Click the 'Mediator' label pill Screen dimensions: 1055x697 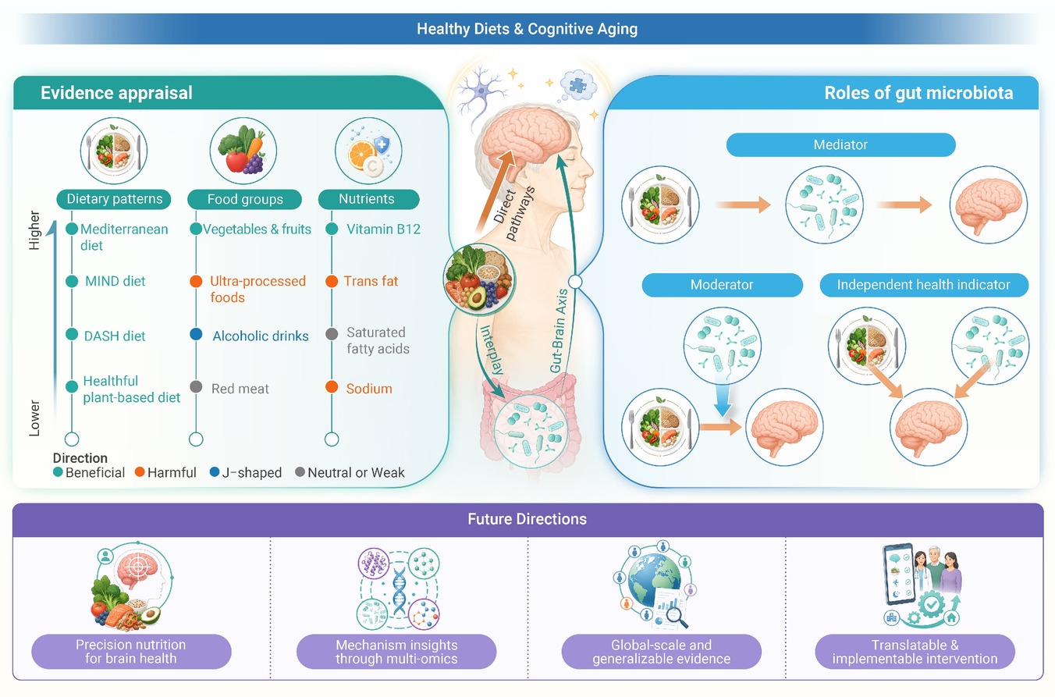(840, 144)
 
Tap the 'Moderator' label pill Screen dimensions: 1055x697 (722, 285)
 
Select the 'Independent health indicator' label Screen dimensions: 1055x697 (924, 285)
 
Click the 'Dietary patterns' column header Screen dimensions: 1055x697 (114, 199)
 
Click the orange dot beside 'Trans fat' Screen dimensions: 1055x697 (332, 281)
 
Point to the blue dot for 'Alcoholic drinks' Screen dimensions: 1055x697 (196, 334)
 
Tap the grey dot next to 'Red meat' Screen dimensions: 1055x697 (196, 387)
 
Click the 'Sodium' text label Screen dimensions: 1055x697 (369, 389)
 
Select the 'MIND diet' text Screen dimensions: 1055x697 (115, 281)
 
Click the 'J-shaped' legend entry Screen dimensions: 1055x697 (246, 472)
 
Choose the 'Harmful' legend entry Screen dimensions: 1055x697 (165, 472)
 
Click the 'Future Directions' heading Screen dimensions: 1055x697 (527, 519)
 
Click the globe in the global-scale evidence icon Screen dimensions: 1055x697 (654, 579)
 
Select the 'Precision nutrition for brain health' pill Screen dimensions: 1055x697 (131, 652)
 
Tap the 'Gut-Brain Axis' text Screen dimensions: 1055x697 (559, 331)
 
